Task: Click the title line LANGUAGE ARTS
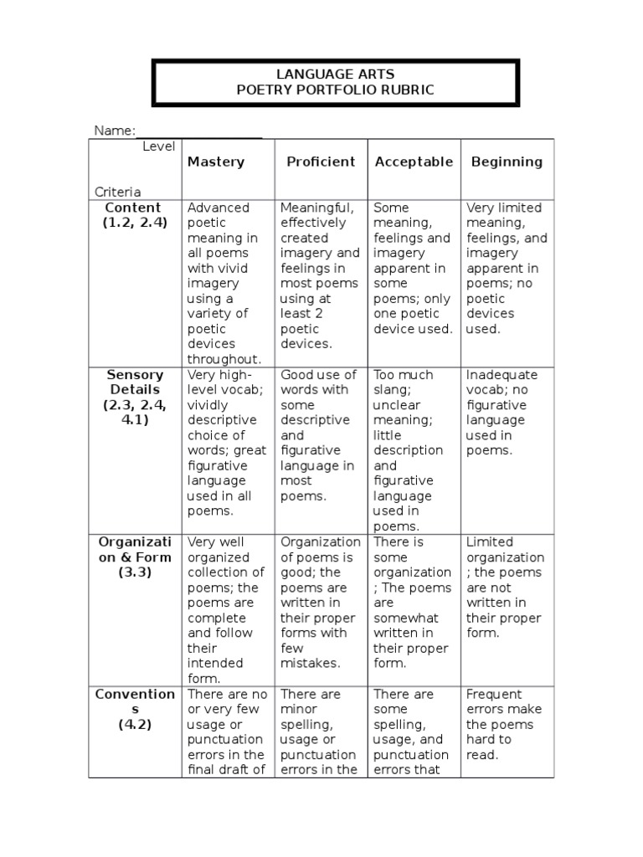click(x=335, y=74)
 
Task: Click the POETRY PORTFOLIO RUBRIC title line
click(x=335, y=90)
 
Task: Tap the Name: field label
click(x=114, y=131)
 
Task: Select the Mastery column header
click(x=216, y=162)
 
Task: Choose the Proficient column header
click(x=321, y=162)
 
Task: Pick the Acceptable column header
click(x=414, y=162)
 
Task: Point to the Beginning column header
click(x=507, y=162)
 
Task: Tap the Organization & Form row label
click(x=135, y=557)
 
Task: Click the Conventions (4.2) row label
click(x=135, y=709)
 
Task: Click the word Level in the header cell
click(x=158, y=146)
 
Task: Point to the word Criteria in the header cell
click(x=117, y=192)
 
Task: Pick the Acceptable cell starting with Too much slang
click(x=413, y=450)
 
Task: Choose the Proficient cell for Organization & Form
click(x=321, y=603)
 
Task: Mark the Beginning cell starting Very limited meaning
click(x=506, y=268)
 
